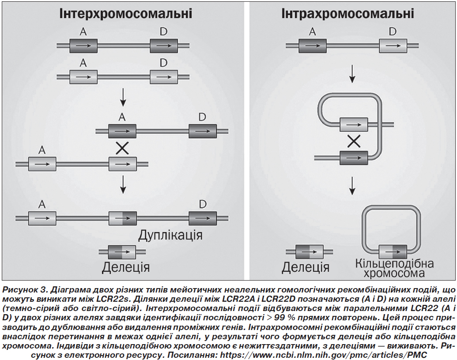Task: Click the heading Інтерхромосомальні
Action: click(125, 14)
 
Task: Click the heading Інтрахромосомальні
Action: click(347, 14)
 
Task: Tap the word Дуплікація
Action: click(170, 235)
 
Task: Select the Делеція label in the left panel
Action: click(125, 267)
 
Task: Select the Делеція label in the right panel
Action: click(306, 267)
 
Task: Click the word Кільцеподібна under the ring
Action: click(394, 263)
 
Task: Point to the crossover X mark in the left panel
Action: click(122, 148)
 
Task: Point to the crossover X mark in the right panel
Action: click(354, 142)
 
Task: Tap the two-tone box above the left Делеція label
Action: click(122, 252)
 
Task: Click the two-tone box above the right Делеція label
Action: click(310, 252)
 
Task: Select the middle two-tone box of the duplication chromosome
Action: click(122, 218)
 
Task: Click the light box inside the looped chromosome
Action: click(354, 125)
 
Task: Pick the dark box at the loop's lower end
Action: click(354, 158)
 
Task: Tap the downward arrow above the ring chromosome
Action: click(352, 186)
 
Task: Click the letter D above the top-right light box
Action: click(393, 31)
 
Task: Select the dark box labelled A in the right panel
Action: click(313, 46)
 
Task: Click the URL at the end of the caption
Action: click(324, 355)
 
